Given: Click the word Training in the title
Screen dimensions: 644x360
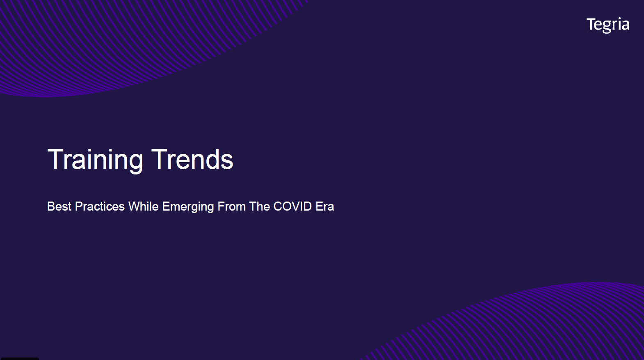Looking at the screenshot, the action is pyautogui.click(x=95, y=160).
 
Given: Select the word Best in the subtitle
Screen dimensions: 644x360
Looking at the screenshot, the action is pyautogui.click(x=59, y=206).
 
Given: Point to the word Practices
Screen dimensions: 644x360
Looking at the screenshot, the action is pyautogui.click(x=100, y=206).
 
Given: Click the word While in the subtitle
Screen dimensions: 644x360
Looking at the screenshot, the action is pyautogui.click(x=144, y=206).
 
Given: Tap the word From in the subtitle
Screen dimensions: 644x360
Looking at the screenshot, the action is pyautogui.click(x=231, y=206).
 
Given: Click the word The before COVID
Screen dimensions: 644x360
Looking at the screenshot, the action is pyautogui.click(x=259, y=206).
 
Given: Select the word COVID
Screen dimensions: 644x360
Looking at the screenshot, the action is pyautogui.click(x=292, y=206).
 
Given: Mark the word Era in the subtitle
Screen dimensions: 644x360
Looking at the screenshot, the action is pyautogui.click(x=325, y=206).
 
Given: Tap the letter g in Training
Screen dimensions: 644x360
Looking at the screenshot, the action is pyautogui.click(x=135, y=164).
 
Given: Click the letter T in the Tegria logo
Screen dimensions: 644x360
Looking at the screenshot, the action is pyautogui.click(x=591, y=24).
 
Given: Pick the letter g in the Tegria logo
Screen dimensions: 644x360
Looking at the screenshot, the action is pyautogui.click(x=608, y=28).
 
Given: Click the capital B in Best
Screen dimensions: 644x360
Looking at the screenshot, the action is pyautogui.click(x=51, y=206).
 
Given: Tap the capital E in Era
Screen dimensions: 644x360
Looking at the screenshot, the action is pyautogui.click(x=319, y=206).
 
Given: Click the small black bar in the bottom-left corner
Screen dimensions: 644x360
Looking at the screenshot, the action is pyautogui.click(x=20, y=358).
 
